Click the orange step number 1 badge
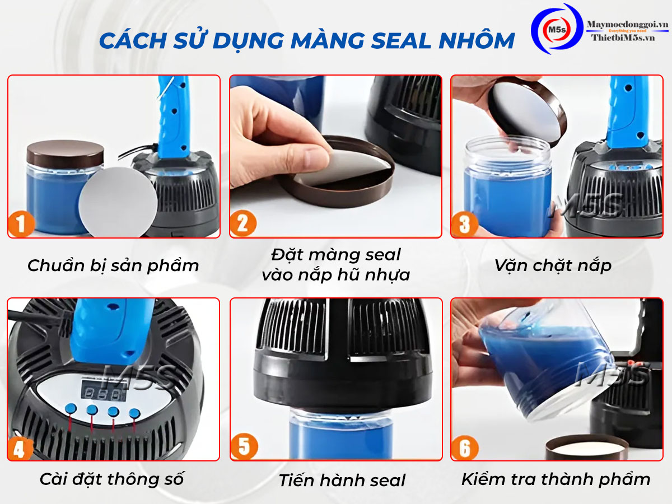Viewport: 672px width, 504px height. point(21,223)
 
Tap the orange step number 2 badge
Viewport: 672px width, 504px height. point(243,223)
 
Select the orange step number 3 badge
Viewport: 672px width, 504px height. point(465,224)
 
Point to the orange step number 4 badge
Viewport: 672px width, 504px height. point(20,447)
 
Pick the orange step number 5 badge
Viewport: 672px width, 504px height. point(244,446)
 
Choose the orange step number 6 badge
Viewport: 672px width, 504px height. point(465,447)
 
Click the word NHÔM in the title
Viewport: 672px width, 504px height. point(477,40)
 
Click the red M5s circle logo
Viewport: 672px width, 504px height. point(557,30)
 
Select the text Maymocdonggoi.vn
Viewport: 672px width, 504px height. point(627,24)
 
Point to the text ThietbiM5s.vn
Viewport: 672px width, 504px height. point(623,38)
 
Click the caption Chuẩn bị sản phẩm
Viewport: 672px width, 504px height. point(113,265)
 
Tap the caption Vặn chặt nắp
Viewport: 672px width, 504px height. point(553,265)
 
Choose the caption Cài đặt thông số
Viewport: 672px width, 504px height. point(112,479)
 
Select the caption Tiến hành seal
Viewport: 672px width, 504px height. point(342,480)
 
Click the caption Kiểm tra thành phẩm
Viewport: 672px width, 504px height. point(556,479)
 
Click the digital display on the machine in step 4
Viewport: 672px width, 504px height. point(104,393)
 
